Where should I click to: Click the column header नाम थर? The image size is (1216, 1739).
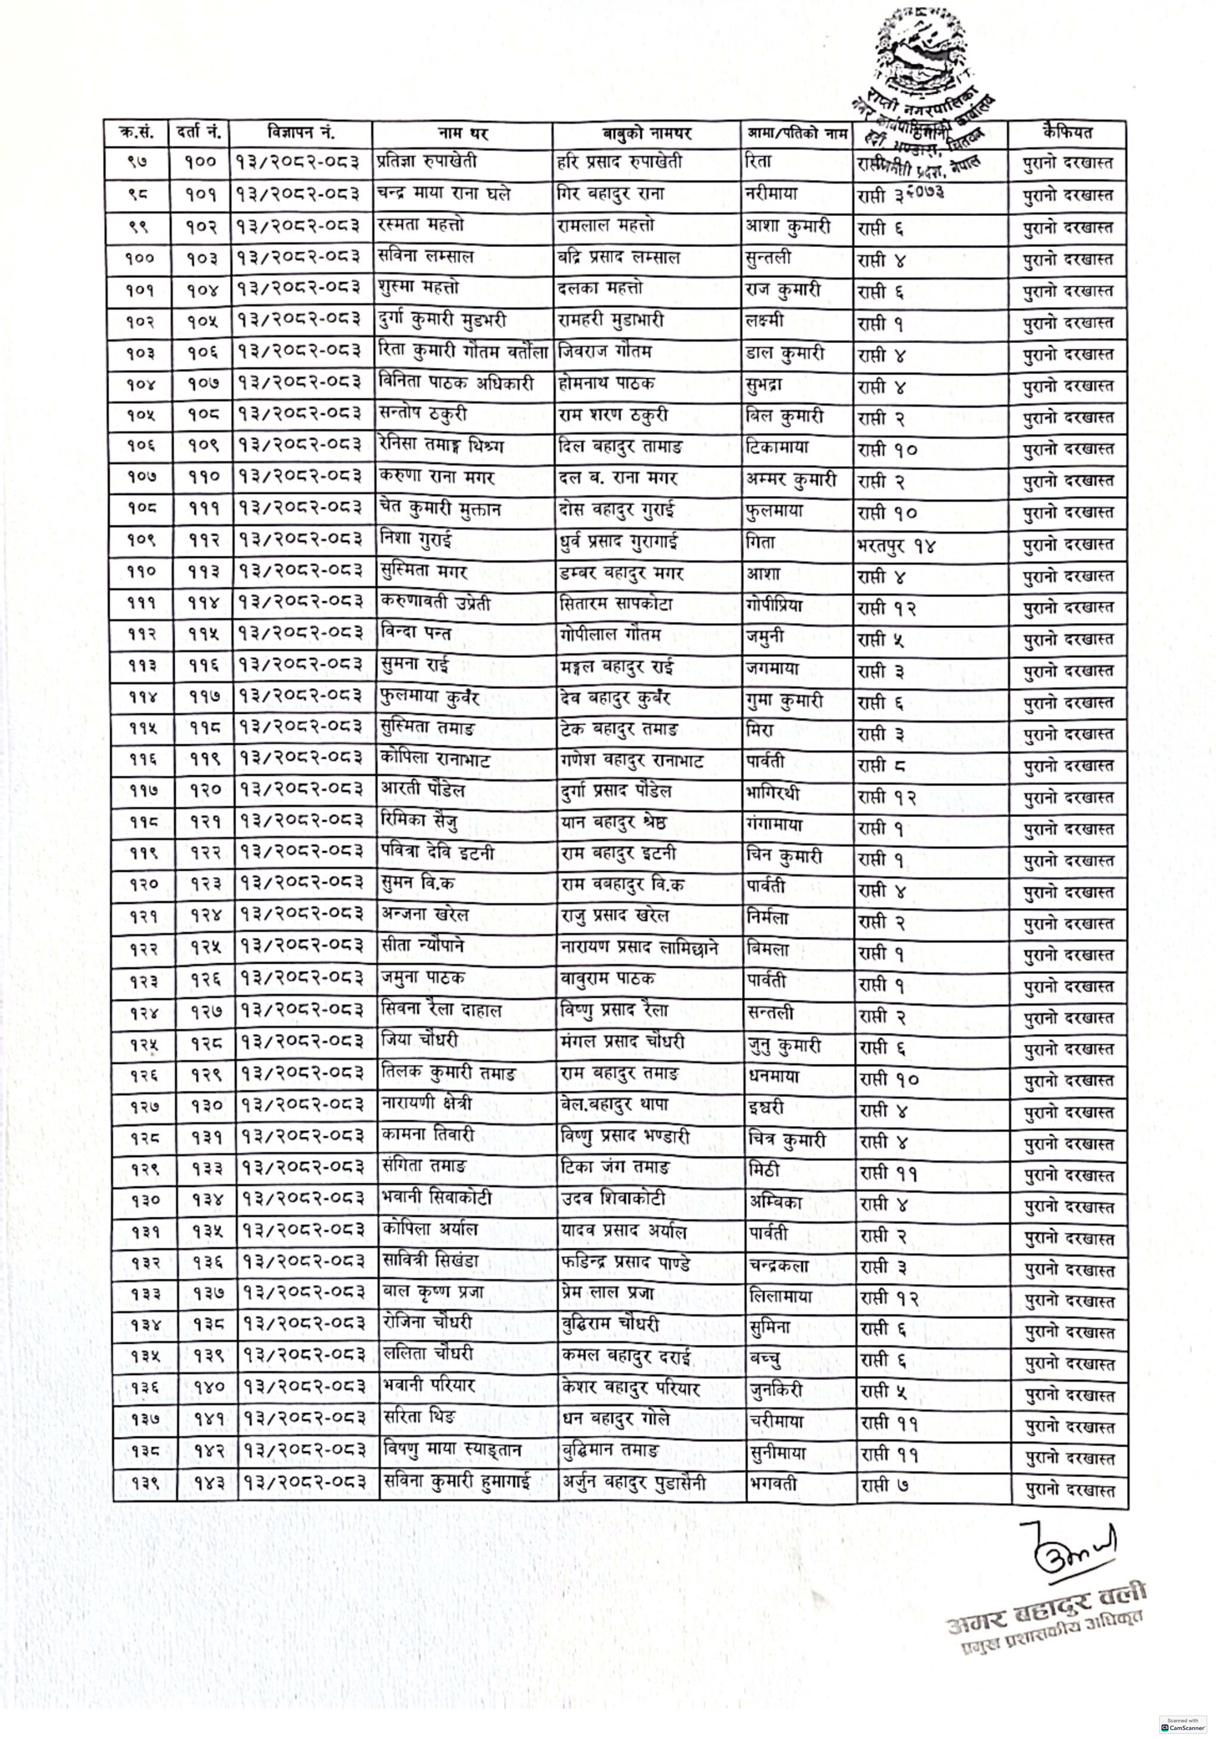463,133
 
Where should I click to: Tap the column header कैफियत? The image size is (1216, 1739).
1066,132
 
